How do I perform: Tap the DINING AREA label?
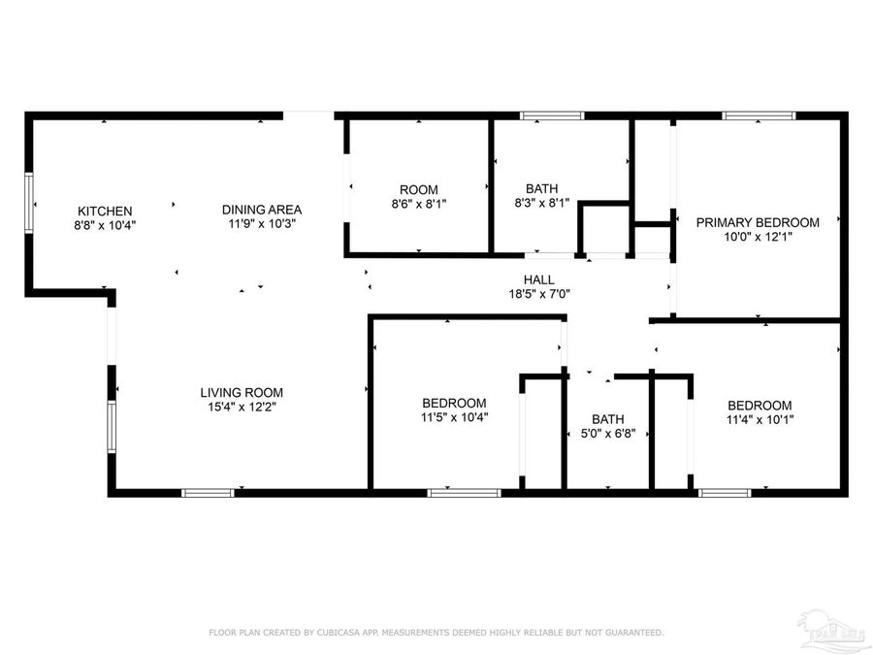[261, 210]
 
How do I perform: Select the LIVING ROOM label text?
[242, 393]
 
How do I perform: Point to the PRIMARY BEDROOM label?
[758, 222]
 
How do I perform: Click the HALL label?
[538, 278]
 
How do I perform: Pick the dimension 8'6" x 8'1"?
[419, 204]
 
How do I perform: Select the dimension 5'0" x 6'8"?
[607, 434]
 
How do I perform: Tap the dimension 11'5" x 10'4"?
[454, 417]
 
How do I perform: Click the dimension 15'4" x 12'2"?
[242, 408]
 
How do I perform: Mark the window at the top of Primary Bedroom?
[759, 115]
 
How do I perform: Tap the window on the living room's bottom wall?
[209, 493]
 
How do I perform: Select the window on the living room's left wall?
[112, 428]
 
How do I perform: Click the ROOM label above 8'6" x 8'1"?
[419, 189]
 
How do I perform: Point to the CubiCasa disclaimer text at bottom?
[436, 633]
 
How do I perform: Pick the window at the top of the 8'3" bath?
[552, 115]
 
